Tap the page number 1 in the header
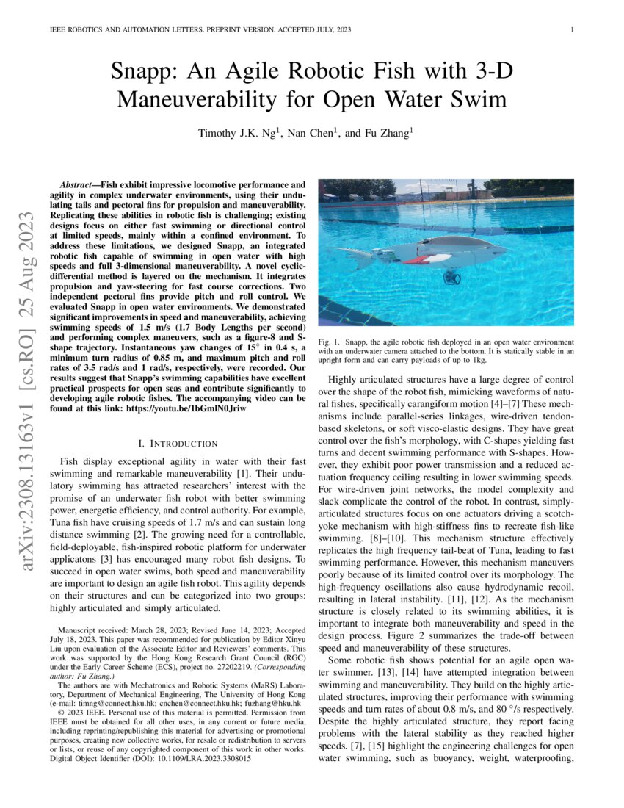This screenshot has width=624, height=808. point(571,30)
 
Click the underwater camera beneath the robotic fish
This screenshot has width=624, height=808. point(451,278)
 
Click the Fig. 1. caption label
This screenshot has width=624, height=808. point(330,342)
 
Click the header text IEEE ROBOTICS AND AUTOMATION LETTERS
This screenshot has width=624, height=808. point(126,30)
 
